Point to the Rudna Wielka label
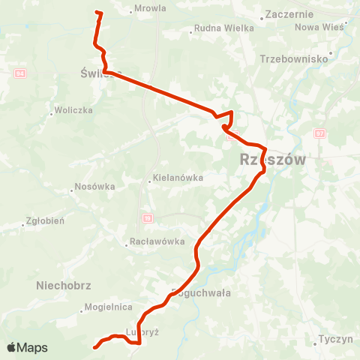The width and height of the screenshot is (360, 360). coord(224,28)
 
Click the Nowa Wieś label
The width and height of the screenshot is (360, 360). coord(319,27)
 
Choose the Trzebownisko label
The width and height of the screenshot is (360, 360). coord(295,58)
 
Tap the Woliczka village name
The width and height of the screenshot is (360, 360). coord(73,110)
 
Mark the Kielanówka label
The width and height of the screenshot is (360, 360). coord(178,178)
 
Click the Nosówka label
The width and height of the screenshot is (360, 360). coord(94,187)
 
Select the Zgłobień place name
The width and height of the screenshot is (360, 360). coord(45,221)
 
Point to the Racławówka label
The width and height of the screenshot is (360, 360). coord(157,241)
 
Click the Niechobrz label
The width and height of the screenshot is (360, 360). coord(63,285)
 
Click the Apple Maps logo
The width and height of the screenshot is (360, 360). coord(27,347)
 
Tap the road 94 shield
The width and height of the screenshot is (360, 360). coord(19,73)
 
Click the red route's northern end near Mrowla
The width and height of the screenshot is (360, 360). coord(97,12)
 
